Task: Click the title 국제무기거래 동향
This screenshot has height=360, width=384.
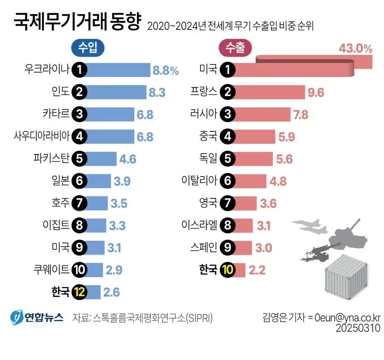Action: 77,22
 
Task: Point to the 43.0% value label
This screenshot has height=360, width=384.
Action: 355,49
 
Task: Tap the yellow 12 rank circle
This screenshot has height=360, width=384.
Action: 79,292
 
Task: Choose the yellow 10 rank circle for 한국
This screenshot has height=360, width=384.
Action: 228,270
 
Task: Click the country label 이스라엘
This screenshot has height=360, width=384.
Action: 200,225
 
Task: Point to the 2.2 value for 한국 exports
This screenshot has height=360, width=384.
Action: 257,270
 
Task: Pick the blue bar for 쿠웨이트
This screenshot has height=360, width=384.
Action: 95,270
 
